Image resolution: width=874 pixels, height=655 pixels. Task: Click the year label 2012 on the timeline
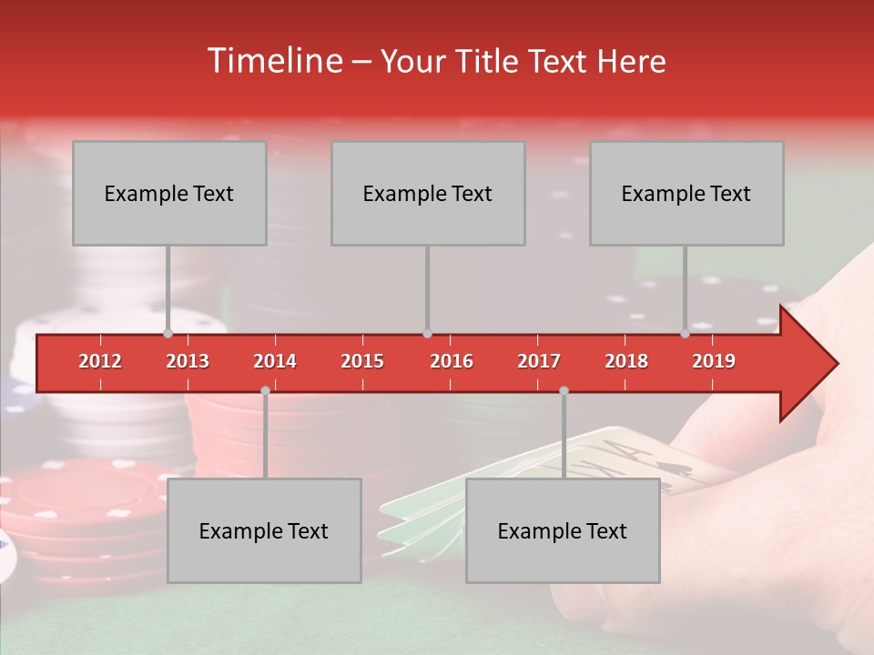click(100, 361)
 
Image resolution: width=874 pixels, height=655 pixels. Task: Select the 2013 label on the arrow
click(188, 361)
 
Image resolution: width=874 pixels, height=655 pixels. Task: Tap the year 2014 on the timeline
click(275, 361)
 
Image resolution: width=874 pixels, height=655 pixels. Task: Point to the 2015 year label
click(362, 361)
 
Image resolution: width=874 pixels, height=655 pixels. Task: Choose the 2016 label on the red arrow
click(452, 361)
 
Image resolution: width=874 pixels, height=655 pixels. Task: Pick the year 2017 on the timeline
click(539, 361)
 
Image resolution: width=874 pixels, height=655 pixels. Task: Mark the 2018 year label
click(626, 361)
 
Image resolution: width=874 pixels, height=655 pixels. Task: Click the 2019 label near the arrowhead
click(714, 361)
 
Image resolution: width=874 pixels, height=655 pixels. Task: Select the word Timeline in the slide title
click(274, 61)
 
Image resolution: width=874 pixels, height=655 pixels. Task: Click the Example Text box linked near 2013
click(169, 193)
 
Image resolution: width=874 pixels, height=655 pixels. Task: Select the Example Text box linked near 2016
click(428, 193)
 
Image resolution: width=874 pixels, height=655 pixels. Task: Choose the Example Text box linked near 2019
click(686, 193)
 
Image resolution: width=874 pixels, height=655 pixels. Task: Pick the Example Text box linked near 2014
click(264, 530)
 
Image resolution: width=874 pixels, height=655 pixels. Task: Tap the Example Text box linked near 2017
click(563, 530)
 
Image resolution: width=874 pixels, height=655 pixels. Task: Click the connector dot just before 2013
click(168, 334)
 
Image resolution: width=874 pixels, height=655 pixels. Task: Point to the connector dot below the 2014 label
click(265, 390)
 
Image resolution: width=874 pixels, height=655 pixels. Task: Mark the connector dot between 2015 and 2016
click(427, 334)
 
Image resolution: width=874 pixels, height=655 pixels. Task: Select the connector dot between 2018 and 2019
click(686, 334)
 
